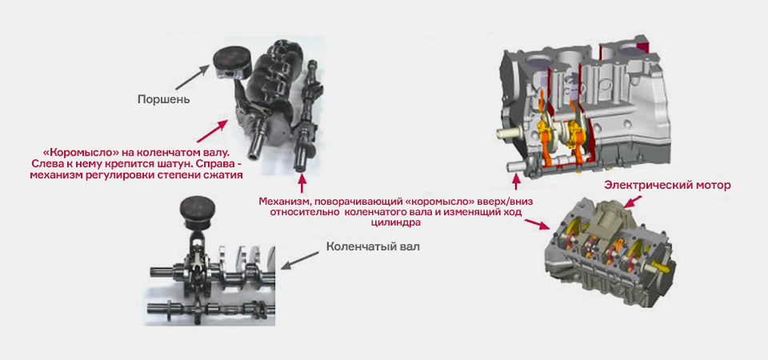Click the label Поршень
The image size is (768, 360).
[x=163, y=100]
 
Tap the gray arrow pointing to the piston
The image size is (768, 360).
[x=192, y=78]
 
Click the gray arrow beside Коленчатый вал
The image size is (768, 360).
[x=300, y=258]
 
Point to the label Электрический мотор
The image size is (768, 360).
[x=667, y=186]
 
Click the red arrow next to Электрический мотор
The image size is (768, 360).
[x=634, y=200]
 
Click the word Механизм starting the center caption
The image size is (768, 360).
[x=282, y=202]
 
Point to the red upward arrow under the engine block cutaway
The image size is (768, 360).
[x=516, y=182]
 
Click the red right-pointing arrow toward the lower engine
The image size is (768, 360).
[x=538, y=224]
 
